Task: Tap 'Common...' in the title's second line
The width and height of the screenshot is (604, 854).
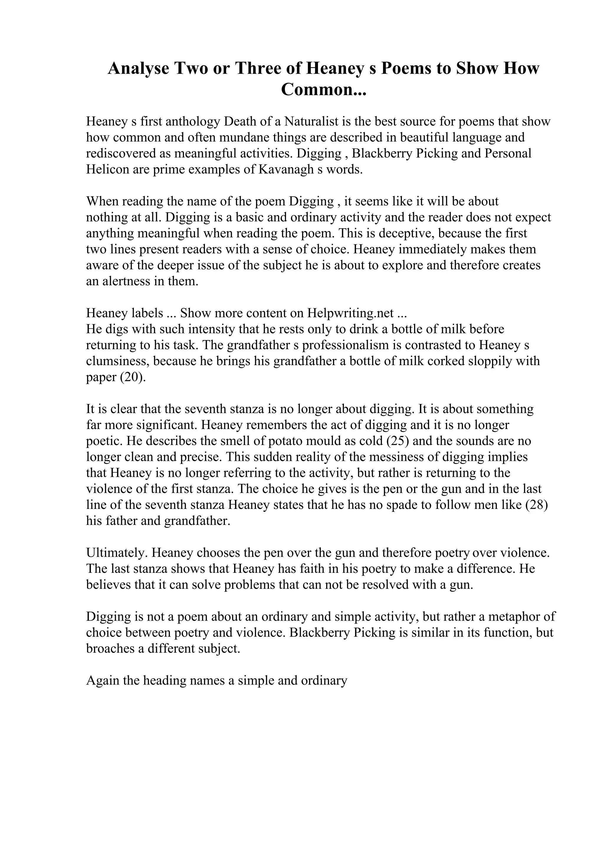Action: point(324,90)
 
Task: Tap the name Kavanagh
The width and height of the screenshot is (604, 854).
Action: point(285,170)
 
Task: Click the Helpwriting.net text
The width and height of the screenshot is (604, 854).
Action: point(351,313)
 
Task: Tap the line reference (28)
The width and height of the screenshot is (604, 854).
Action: point(537,505)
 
